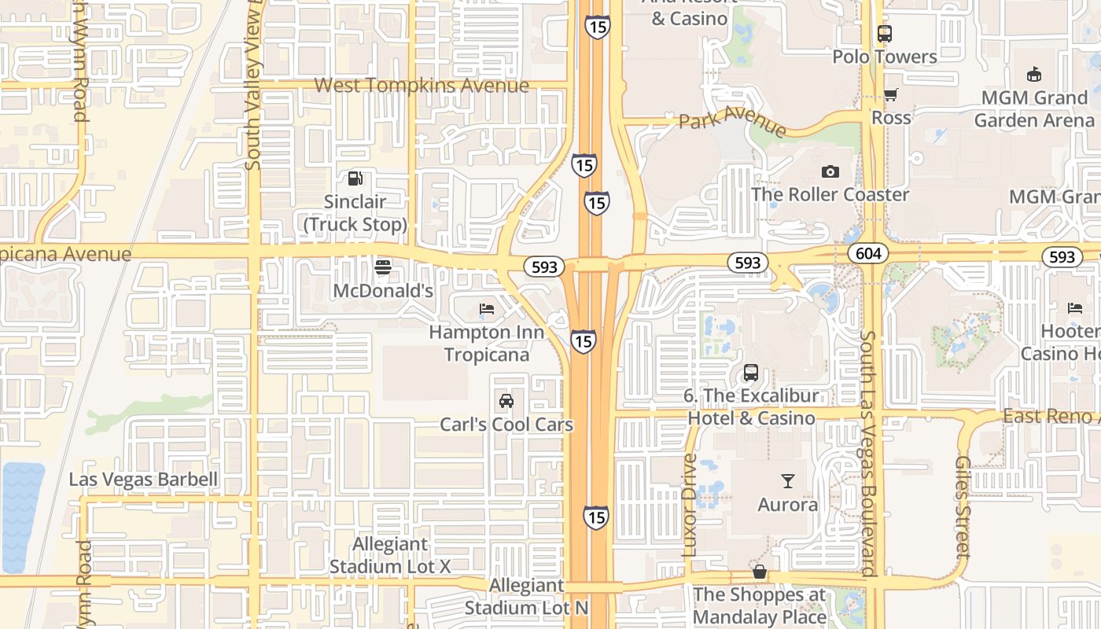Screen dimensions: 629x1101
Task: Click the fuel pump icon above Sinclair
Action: click(x=355, y=178)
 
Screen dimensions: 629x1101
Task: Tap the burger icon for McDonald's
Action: click(x=383, y=267)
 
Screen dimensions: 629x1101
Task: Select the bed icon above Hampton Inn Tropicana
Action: click(x=487, y=309)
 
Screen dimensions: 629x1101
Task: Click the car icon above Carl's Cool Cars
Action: click(x=506, y=401)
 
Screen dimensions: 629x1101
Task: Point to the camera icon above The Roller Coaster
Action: click(x=830, y=171)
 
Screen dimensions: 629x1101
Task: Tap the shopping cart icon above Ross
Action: click(x=890, y=95)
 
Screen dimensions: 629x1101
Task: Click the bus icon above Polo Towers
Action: click(x=885, y=34)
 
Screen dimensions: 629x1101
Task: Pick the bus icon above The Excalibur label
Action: click(x=751, y=372)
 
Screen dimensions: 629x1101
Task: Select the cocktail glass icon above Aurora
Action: click(x=788, y=480)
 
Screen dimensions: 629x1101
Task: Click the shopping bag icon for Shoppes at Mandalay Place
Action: click(x=760, y=572)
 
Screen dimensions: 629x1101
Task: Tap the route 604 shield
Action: click(x=868, y=253)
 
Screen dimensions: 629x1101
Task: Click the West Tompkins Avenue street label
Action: click(x=422, y=85)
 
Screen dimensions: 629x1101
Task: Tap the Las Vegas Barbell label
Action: click(x=143, y=480)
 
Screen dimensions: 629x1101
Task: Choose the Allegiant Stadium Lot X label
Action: click(x=390, y=555)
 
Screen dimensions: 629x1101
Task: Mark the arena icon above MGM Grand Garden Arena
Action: click(x=1034, y=75)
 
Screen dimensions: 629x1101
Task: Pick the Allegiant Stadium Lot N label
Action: click(x=526, y=597)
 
